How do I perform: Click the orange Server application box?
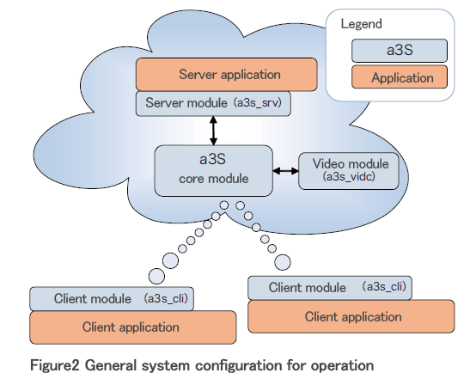227,75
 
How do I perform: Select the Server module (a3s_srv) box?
213,103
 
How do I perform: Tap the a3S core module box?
213,171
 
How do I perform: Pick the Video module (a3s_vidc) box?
349,171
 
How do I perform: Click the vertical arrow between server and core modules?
213,131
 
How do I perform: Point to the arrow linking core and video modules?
285,171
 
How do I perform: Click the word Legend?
361,24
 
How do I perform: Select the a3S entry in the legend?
400,51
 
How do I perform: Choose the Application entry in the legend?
400,77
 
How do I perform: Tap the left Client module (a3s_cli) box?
112,299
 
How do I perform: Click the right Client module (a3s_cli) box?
330,288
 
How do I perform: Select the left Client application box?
133,327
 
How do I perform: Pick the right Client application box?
351,316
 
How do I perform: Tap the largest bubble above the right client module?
283,262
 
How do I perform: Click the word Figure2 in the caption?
55,365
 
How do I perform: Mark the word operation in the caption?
342,366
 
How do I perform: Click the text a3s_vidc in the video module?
349,177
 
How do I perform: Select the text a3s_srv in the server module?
259,103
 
